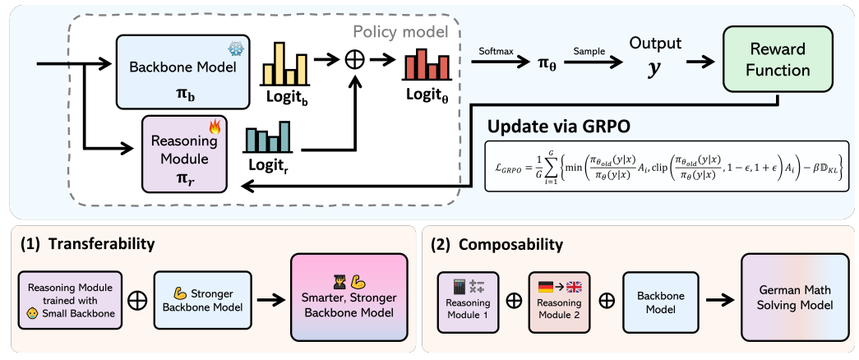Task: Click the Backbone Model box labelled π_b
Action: pyautogui.click(x=183, y=72)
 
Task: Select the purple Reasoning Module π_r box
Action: pyautogui.click(x=184, y=154)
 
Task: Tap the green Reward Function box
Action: pyautogui.click(x=778, y=60)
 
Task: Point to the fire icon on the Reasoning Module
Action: pyautogui.click(x=214, y=127)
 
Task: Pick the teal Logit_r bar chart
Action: pyautogui.click(x=268, y=137)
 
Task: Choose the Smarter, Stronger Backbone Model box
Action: pyautogui.click(x=349, y=300)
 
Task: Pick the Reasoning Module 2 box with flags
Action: pyautogui.click(x=560, y=302)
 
